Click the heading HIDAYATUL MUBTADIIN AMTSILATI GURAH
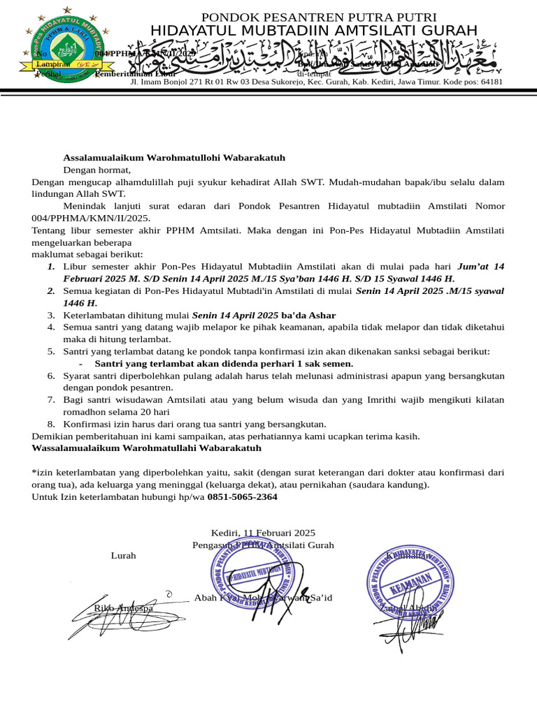click(x=314, y=30)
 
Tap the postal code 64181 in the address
click(x=488, y=82)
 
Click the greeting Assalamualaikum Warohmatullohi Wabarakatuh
click(x=174, y=158)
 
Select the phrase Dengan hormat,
click(x=97, y=170)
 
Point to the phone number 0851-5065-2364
click(x=243, y=496)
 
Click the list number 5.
click(x=52, y=351)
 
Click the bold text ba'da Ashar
click(x=308, y=316)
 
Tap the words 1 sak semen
click(x=325, y=363)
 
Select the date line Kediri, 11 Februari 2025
click(x=263, y=533)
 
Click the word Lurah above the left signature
click(x=123, y=556)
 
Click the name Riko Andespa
click(x=124, y=608)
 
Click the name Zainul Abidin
click(x=408, y=608)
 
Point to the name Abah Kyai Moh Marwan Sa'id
click(x=263, y=598)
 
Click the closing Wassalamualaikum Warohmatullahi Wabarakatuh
click(x=146, y=448)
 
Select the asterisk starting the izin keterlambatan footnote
click(x=34, y=472)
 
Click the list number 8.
click(x=52, y=424)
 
